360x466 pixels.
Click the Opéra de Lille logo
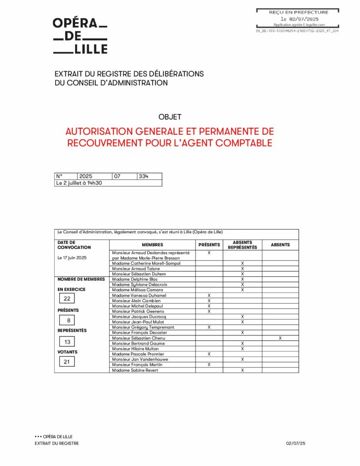point(80,36)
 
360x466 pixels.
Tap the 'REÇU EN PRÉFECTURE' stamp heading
point(298,12)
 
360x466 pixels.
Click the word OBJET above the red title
point(170,117)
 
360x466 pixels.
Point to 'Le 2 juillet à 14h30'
point(79,183)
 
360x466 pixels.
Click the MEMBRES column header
point(152,245)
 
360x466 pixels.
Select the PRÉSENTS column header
point(209,245)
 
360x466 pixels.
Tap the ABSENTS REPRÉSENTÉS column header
point(242,245)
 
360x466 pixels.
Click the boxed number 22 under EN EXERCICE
point(67,299)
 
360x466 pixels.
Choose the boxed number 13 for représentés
point(67,342)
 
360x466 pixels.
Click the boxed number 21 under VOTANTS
point(67,362)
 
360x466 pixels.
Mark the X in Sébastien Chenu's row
point(280,338)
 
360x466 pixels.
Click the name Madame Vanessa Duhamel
point(139,295)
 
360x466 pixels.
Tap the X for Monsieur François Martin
point(209,365)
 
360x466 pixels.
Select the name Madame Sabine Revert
point(135,370)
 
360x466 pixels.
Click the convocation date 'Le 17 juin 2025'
point(72,258)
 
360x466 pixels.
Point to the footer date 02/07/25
point(296,443)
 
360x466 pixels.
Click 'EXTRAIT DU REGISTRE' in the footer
point(56,443)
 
